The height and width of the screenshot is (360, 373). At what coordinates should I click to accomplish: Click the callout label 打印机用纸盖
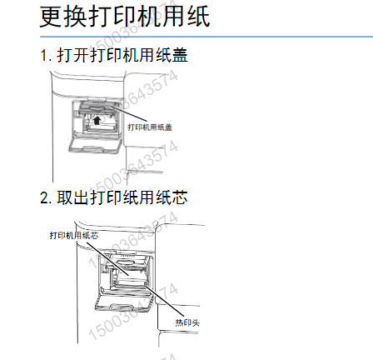(149, 127)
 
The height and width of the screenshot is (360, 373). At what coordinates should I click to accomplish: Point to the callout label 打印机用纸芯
(73, 236)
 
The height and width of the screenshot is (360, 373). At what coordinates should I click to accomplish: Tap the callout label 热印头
(184, 320)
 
